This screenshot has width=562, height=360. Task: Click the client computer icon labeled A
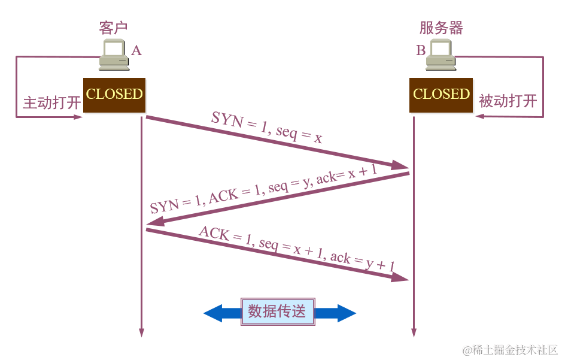point(114,56)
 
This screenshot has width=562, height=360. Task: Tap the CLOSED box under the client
point(114,95)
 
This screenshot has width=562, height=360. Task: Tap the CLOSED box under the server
point(441,95)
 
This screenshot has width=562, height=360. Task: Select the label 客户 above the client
point(113,28)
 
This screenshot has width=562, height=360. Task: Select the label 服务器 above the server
point(441,28)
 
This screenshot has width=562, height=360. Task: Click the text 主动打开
point(51,102)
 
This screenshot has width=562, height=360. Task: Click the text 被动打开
point(508,101)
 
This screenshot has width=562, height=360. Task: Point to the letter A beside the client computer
point(136,50)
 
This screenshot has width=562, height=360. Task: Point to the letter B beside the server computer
point(421,50)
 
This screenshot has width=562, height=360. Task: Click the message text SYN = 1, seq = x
point(267,128)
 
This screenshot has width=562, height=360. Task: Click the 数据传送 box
point(277,311)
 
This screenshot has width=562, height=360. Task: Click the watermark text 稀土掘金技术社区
point(509,350)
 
